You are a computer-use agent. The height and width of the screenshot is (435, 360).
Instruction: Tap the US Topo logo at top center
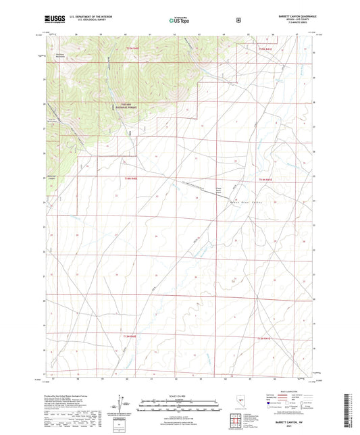pyautogui.click(x=178, y=21)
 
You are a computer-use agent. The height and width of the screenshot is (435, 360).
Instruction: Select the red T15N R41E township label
pyautogui.click(x=265, y=48)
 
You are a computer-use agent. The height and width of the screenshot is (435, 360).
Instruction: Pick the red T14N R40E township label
pyautogui.click(x=130, y=178)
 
